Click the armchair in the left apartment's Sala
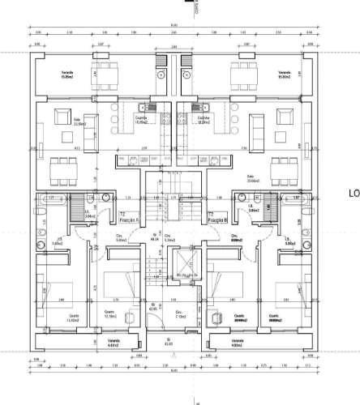(x=90, y=123)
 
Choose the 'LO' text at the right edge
(x=354, y=194)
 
